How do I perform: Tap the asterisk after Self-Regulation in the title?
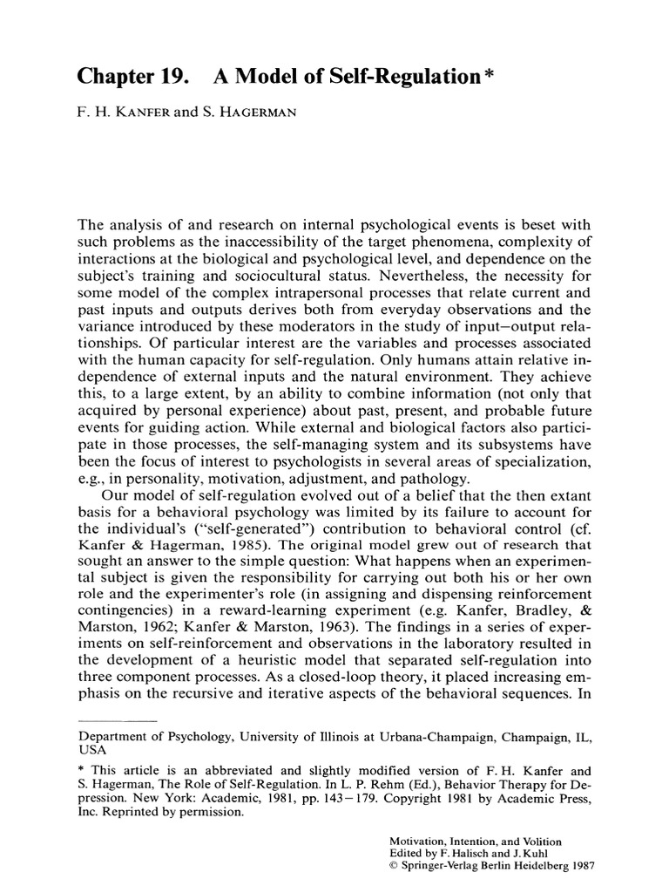pos(491,73)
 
